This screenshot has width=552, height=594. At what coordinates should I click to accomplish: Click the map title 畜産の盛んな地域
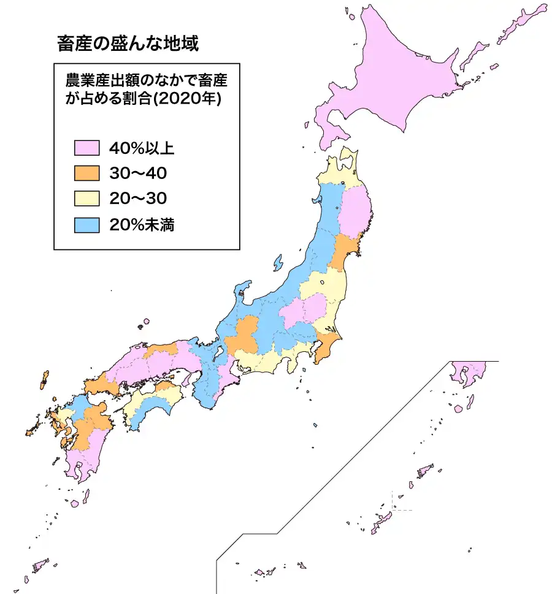128,44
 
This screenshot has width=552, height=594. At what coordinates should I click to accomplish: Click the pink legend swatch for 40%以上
86,148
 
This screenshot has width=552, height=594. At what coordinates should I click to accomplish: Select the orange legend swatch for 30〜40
86,173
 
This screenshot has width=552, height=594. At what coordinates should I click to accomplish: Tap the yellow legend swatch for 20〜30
86,199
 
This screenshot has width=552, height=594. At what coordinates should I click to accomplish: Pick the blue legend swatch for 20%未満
86,224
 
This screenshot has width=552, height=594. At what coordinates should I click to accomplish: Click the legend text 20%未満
142,224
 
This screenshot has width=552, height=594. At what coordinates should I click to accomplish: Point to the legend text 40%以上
142,148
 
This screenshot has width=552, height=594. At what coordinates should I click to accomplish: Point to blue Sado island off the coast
278,263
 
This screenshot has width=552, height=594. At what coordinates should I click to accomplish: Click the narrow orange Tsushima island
44,379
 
